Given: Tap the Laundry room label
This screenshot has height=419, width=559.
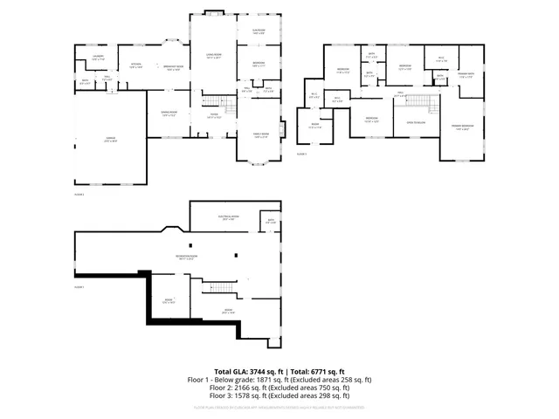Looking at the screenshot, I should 99,58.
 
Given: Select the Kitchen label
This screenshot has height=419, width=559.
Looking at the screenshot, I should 136,65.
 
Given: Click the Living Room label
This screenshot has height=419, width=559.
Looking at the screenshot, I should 212,56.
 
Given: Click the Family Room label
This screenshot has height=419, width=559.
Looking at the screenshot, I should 260,134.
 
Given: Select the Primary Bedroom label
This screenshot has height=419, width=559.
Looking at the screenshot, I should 462,128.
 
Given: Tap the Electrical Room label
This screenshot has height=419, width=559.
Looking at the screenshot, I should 230,218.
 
